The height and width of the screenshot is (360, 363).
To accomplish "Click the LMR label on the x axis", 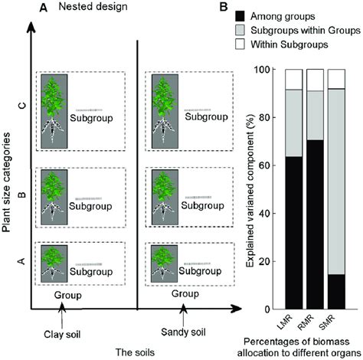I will coord(292,319).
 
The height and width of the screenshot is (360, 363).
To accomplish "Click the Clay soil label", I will coord(60,332).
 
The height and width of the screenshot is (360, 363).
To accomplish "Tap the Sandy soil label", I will coord(182,332).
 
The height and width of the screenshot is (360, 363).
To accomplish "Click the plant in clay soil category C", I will coord(54,110).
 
